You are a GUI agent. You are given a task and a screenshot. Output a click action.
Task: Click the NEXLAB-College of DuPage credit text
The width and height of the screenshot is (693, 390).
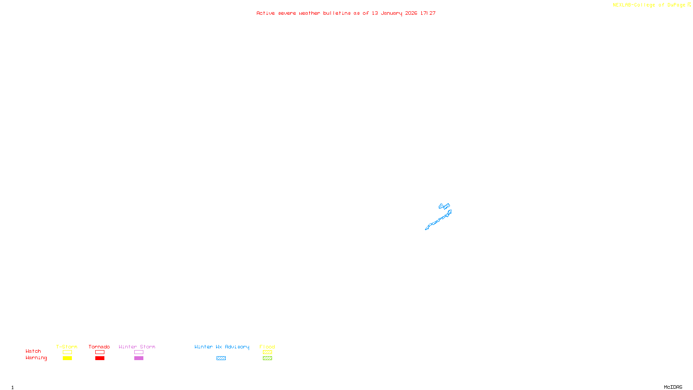(649, 5)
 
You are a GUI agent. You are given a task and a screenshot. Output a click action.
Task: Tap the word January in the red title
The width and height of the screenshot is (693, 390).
(392, 13)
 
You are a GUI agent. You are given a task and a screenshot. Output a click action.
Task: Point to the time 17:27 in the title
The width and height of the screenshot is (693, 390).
(428, 13)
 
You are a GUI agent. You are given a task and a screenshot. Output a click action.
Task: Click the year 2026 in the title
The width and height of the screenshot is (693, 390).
(411, 13)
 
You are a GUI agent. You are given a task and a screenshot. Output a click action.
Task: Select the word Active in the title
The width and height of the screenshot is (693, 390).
(266, 13)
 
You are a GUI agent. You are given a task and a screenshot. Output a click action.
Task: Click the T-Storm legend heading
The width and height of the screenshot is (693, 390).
(67, 347)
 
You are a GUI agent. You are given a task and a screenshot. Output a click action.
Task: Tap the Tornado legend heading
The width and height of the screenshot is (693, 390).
(99, 347)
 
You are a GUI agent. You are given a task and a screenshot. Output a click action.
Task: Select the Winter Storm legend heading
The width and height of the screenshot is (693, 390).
(137, 347)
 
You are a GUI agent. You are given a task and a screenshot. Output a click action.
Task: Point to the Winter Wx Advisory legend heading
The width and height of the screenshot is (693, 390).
(222, 347)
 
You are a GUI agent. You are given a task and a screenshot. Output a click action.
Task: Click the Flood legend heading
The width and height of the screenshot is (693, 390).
(267, 347)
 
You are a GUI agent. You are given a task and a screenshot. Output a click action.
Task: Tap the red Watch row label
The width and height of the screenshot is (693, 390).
(33, 351)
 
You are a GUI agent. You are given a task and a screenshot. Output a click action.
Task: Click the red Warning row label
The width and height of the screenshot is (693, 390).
(36, 358)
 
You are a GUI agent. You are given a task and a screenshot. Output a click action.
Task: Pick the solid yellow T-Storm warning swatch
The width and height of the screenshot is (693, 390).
(67, 358)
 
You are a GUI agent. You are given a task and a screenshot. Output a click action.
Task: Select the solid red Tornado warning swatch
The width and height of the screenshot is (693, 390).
(100, 358)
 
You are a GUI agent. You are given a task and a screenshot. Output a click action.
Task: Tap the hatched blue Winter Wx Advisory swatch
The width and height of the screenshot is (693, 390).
(221, 358)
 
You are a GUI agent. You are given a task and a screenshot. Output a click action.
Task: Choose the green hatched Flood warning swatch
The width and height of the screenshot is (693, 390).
(267, 358)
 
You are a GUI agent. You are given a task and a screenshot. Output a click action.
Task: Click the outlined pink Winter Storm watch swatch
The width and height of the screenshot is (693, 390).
(139, 352)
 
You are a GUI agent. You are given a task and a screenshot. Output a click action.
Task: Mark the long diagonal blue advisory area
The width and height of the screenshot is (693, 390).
(438, 221)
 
